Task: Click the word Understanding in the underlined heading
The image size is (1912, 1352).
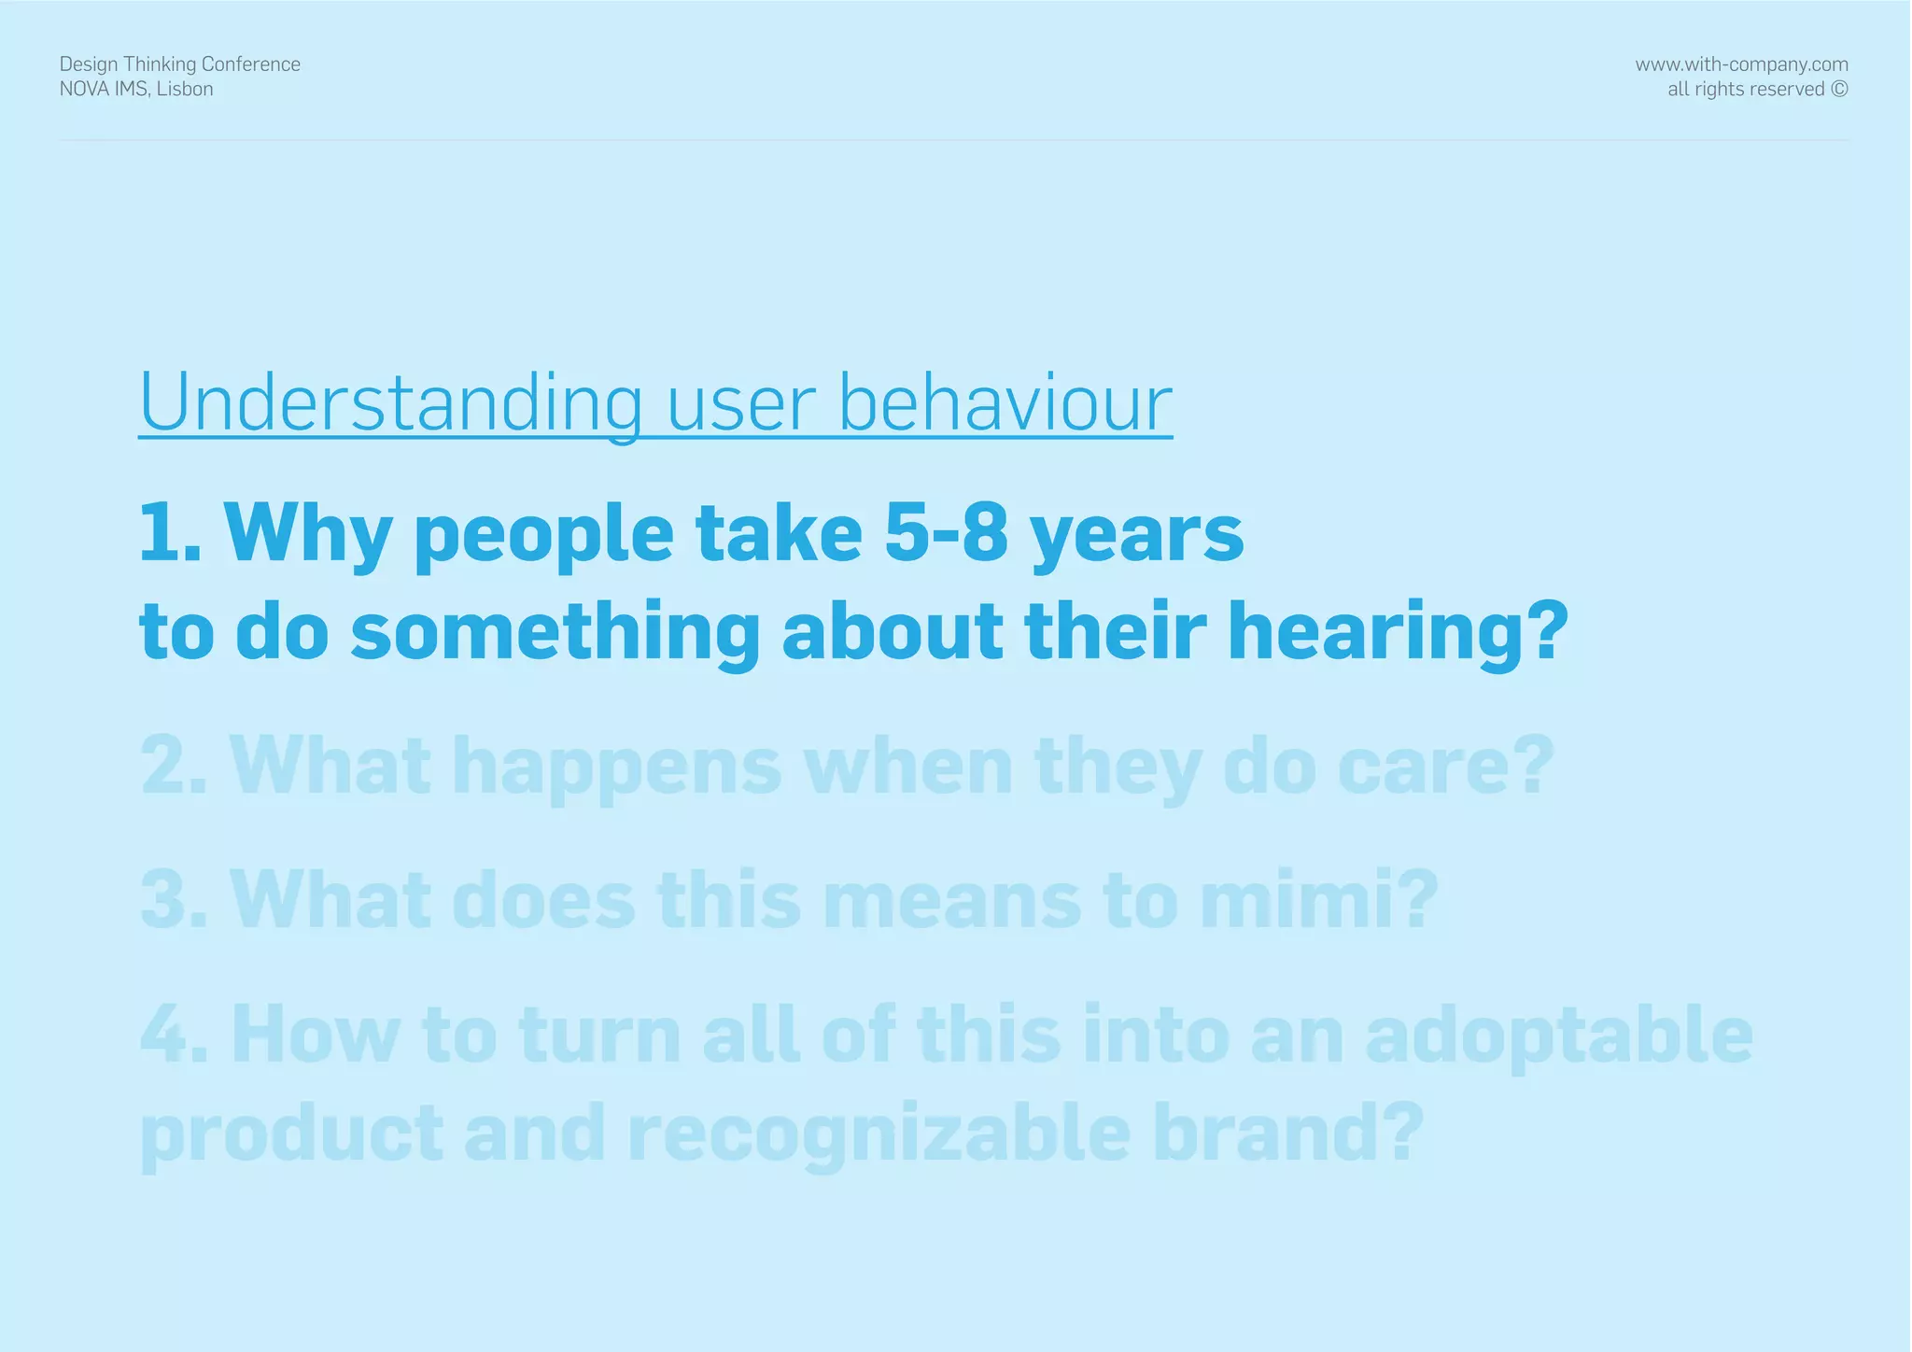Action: pos(390,403)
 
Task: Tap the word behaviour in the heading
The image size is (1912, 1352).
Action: pos(1005,403)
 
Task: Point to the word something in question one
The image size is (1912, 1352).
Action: pos(555,631)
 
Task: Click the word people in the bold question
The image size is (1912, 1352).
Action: pos(543,534)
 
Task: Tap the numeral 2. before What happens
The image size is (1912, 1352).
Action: pos(174,766)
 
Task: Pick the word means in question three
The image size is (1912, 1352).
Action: pos(952,900)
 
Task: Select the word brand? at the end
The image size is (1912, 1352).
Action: pos(1288,1132)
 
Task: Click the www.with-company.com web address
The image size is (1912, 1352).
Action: pos(1741,64)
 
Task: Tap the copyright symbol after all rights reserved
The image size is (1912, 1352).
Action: pos(1839,90)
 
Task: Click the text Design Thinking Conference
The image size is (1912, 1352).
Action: pos(180,64)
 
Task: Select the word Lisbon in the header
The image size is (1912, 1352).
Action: pos(185,90)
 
